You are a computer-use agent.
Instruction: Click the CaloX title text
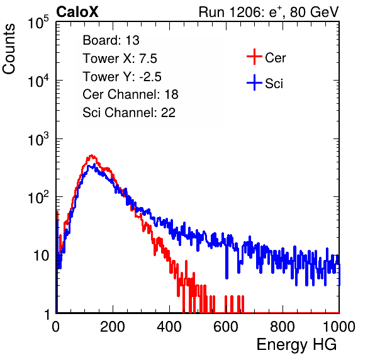pyautogui.click(x=77, y=12)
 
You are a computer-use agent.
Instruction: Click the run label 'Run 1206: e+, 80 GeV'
pyautogui.click(x=269, y=12)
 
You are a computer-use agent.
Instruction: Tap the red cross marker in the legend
pyautogui.click(x=254, y=57)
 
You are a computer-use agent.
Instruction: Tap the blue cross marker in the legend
pyautogui.click(x=254, y=82)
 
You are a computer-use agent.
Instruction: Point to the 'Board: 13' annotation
pyautogui.click(x=111, y=40)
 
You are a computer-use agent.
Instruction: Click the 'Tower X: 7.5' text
pyautogui.click(x=120, y=59)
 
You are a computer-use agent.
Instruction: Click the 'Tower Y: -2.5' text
pyautogui.click(x=122, y=77)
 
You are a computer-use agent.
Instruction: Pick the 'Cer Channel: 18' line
pyautogui.click(x=130, y=94)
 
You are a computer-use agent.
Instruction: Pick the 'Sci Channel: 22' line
pyautogui.click(x=129, y=113)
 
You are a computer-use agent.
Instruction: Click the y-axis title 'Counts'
pyautogui.click(x=9, y=49)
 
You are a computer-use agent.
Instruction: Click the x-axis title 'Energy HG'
pyautogui.click(x=296, y=344)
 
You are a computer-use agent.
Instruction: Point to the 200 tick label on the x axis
pyautogui.click(x=113, y=327)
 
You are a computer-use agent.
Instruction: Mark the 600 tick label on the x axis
pyautogui.click(x=226, y=327)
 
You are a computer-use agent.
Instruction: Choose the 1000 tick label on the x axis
pyautogui.click(x=339, y=327)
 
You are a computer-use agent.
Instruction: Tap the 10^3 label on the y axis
pyautogui.click(x=38, y=139)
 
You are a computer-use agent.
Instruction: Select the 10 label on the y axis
pyautogui.click(x=41, y=256)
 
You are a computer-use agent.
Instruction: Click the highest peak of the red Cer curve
pyautogui.click(x=91, y=155)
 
